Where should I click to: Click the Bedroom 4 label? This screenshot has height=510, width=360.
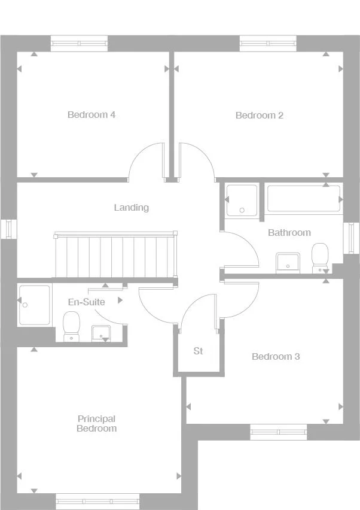point(91,115)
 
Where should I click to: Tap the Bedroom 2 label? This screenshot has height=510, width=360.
point(260,116)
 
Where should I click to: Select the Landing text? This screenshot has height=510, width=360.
point(132,208)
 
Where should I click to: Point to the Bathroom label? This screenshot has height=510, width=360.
point(289,232)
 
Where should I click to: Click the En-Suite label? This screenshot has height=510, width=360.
point(86,302)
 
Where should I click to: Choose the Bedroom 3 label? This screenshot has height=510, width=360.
point(276,357)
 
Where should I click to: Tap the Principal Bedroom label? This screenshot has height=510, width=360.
point(96,424)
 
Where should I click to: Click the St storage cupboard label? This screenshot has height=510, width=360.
point(198,351)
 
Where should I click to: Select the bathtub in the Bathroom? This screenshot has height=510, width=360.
point(304,198)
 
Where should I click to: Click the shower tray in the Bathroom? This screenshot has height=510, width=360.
point(242,200)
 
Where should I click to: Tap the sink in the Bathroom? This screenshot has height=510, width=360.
point(288,262)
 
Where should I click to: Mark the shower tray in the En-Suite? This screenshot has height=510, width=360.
point(34,305)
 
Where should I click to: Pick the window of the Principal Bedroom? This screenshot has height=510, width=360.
point(97,500)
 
